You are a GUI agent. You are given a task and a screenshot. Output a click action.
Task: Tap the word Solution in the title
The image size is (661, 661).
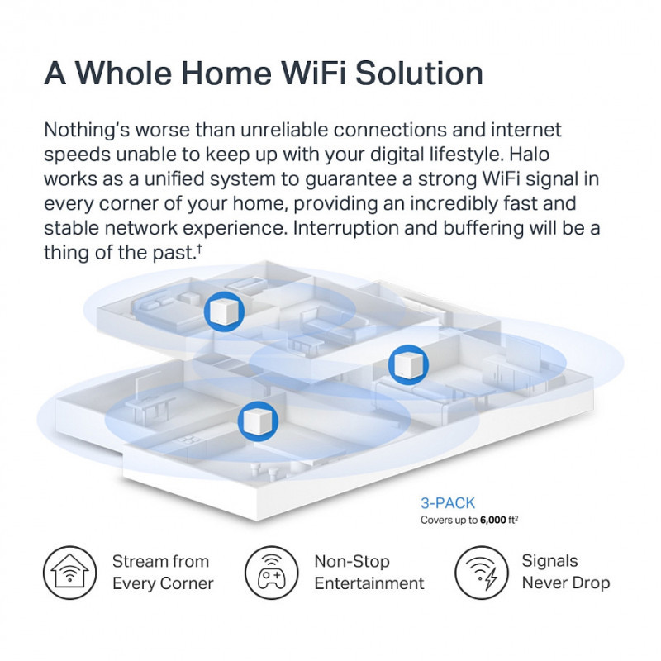click(419, 73)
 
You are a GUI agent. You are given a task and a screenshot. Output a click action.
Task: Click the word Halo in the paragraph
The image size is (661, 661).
click(529, 155)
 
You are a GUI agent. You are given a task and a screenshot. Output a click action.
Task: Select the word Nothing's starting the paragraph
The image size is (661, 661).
click(87, 131)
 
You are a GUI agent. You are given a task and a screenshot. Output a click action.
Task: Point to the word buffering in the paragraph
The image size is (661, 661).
click(483, 229)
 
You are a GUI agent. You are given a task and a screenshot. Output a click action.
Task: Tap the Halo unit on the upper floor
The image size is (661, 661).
click(224, 311)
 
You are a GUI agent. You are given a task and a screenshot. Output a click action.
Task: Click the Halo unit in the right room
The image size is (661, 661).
click(408, 364)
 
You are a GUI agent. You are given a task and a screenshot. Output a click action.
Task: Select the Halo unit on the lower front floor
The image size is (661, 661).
click(258, 421)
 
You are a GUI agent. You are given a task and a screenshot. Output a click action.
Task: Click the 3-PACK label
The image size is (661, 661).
click(448, 503)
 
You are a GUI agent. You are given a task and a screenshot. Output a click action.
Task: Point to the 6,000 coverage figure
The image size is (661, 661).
click(492, 521)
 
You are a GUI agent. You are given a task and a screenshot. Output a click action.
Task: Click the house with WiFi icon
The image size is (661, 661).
click(70, 573)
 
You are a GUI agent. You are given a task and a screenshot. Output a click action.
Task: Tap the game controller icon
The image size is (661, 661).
click(272, 573)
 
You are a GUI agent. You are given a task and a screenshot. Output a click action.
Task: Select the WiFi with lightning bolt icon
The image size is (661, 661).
click(482, 573)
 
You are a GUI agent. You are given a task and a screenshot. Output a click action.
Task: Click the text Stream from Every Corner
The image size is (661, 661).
click(163, 573)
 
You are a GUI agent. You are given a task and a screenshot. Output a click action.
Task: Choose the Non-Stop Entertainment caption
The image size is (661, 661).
click(369, 573)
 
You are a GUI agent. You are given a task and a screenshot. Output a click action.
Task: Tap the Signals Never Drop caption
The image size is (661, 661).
click(566, 572)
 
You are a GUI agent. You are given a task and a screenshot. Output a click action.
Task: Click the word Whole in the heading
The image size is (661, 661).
click(123, 73)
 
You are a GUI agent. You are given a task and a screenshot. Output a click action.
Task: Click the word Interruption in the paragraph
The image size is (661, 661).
click(345, 229)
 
